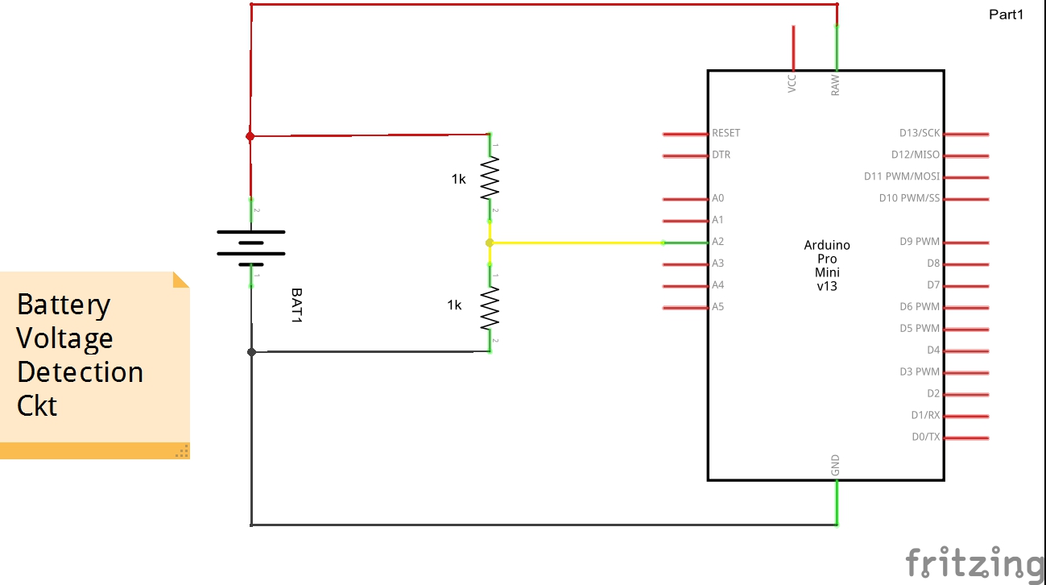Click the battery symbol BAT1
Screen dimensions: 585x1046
click(250, 243)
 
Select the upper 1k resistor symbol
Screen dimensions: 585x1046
click(490, 177)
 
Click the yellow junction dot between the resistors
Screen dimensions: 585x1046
click(490, 243)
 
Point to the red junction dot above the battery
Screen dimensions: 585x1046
click(250, 136)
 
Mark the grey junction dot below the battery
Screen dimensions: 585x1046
click(251, 352)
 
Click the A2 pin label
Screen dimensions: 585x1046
click(717, 242)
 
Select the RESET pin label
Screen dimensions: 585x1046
click(726, 133)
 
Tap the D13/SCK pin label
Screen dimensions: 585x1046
click(919, 133)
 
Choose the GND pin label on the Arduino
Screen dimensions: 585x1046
click(835, 465)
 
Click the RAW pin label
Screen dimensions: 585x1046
click(835, 85)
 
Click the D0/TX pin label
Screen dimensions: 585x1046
click(925, 437)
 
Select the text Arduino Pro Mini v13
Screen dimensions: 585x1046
click(827, 265)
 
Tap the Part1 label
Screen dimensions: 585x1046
click(1006, 14)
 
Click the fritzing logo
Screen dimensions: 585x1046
click(974, 562)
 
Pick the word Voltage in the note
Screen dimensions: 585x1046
click(64, 338)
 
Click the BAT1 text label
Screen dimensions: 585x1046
click(296, 307)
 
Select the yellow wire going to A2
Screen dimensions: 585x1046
click(576, 243)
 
